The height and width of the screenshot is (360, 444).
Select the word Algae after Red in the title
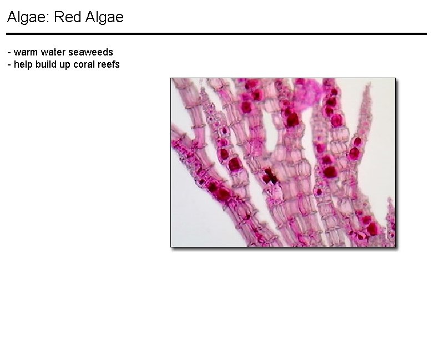105,17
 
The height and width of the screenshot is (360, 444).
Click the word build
46,65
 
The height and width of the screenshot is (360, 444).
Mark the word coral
84,65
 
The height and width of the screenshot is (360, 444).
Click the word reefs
109,65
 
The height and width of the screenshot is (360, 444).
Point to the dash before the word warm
9,53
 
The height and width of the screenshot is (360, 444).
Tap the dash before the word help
9,65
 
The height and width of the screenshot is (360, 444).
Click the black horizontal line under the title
216,34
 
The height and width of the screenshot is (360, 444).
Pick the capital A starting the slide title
12,17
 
